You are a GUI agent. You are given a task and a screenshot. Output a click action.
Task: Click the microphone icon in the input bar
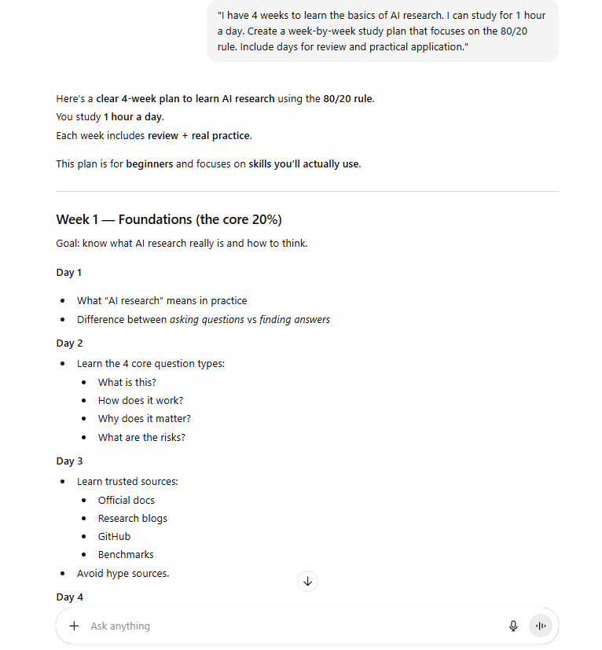513,626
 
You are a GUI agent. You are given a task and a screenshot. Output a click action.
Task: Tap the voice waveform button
540,626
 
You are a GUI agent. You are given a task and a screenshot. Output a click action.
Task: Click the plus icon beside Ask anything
74,626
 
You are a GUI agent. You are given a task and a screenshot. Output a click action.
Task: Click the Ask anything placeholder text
120,626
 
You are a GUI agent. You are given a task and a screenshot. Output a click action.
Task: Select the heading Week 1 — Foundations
169,219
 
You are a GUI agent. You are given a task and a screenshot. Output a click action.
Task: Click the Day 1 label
69,273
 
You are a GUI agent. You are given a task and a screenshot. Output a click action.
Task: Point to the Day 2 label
69,343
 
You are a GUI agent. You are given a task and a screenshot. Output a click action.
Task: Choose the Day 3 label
69,461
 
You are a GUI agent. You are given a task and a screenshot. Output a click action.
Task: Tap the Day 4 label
69,597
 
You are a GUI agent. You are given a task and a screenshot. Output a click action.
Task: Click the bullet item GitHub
114,536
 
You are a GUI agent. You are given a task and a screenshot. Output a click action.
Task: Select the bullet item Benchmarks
126,554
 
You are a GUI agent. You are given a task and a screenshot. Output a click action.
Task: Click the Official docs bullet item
127,500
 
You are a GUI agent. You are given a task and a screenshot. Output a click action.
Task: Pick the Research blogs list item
133,518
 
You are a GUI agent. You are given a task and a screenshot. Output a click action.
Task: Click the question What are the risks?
141,437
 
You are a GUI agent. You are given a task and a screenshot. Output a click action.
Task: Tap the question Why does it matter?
145,418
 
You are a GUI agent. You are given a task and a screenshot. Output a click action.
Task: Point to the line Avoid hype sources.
123,573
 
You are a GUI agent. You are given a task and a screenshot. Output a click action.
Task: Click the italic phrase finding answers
295,319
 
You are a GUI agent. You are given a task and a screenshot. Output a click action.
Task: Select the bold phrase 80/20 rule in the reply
348,99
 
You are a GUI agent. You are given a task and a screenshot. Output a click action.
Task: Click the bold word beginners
149,164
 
